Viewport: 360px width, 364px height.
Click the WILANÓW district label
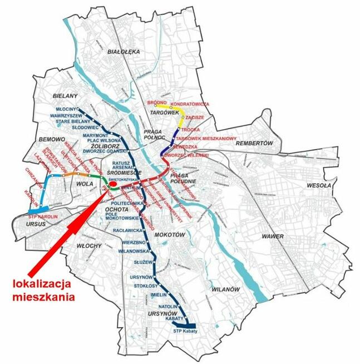225,290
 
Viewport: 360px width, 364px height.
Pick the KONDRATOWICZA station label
190,104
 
